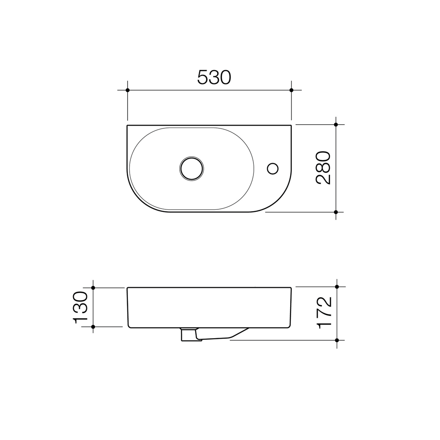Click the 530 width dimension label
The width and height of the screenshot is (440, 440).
point(214,77)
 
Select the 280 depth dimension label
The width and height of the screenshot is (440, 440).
point(323,168)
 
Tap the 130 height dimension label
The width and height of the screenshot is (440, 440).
point(80,307)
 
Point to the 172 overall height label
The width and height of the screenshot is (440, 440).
point(324,313)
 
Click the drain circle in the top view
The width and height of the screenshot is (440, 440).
point(191,168)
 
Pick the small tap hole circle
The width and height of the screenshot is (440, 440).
point(273,168)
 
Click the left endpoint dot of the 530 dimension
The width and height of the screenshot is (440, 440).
point(128,90)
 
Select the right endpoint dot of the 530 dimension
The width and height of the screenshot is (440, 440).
point(291,90)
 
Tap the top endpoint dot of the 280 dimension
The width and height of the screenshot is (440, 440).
point(336,125)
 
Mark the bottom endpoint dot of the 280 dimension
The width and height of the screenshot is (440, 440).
point(336,212)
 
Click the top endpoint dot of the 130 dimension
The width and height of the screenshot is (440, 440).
point(93,288)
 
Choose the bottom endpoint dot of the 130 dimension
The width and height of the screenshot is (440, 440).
point(93,327)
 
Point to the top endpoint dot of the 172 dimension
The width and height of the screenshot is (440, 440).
point(337,287)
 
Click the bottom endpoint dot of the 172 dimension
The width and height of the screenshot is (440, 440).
point(337,340)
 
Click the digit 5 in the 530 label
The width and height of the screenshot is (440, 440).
point(202,77)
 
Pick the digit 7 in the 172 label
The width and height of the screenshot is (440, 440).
point(324,313)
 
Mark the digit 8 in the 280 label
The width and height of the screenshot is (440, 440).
point(323,168)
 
